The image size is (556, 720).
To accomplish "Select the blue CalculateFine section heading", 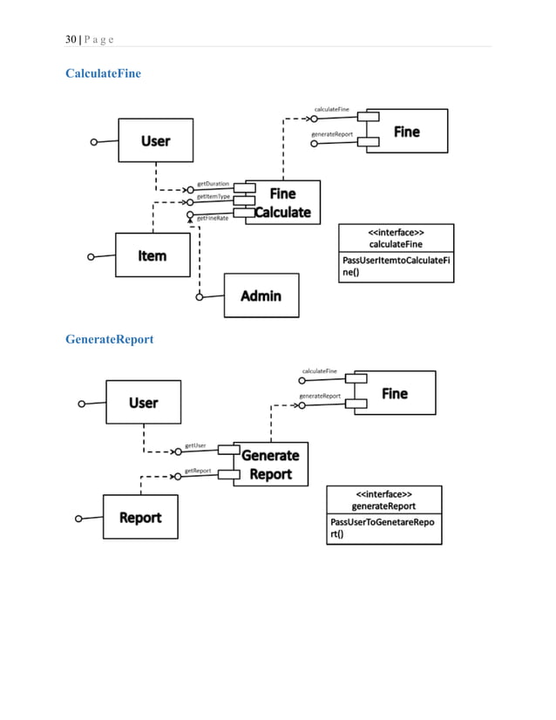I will (103, 73).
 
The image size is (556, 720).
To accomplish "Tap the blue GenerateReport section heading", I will (109, 338).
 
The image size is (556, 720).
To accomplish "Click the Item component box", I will (153, 255).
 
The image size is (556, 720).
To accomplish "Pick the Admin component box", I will (261, 295).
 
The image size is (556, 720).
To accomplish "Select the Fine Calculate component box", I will (282, 202).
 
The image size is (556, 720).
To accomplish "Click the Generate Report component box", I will (270, 464).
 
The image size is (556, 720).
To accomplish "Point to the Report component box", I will (140, 518).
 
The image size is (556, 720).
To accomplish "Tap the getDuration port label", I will (213, 184).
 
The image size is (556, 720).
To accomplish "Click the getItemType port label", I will (214, 197).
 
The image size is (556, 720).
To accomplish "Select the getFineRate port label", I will (213, 218).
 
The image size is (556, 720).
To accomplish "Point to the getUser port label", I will (195, 445).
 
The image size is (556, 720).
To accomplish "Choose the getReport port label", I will (197, 471).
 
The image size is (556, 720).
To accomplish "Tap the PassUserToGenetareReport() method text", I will (383, 528).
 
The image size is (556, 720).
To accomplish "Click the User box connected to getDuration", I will (156, 140).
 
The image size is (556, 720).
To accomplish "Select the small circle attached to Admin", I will (200, 296).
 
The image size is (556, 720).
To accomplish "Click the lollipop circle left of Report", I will (78, 519).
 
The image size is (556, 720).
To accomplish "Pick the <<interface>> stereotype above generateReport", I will (383, 494).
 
